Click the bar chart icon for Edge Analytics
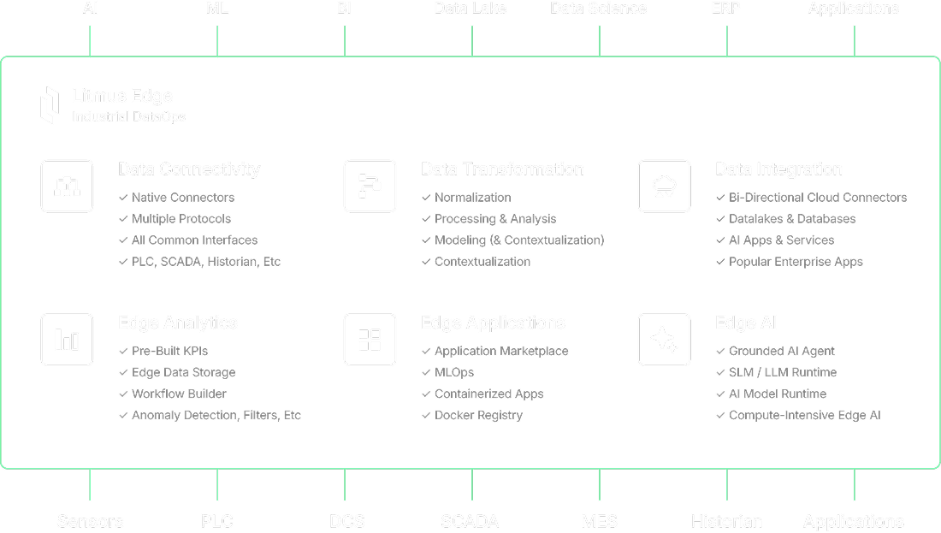(x=67, y=340)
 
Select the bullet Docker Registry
(x=478, y=416)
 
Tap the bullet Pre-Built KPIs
(x=169, y=351)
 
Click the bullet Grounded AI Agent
(x=782, y=351)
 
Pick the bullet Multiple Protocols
(x=181, y=219)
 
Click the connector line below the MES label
(x=599, y=484)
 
